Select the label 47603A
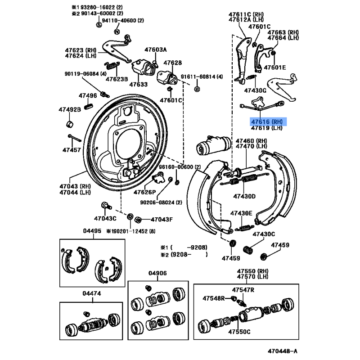point(155,49)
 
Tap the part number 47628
point(172,63)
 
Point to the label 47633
point(138,84)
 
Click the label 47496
point(88,95)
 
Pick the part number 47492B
point(69,109)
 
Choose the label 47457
point(72,149)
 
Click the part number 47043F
point(162,220)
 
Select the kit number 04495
point(92,231)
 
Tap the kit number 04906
point(158,273)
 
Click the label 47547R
point(243,289)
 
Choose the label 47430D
point(244,196)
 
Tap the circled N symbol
point(117,31)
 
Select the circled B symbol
point(197,90)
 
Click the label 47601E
point(275,67)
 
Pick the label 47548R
point(214,298)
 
